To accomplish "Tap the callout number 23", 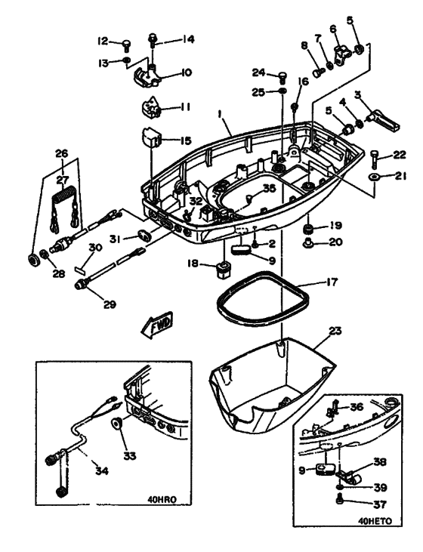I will tap(336, 331).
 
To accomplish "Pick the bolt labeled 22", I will tap(375, 157).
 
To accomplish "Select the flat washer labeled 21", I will tap(375, 177).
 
